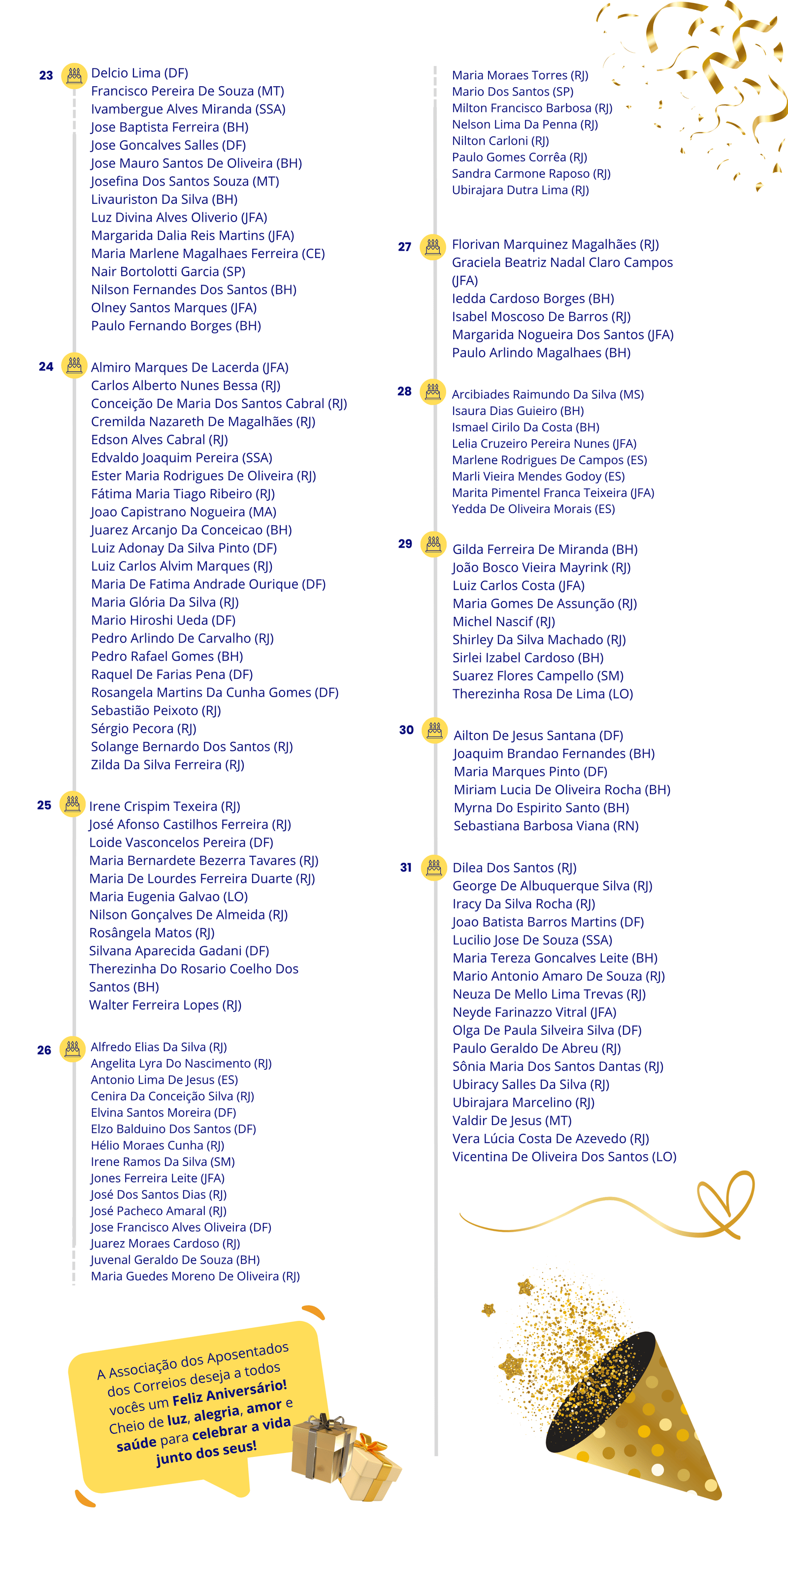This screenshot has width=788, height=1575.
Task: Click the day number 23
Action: [x=46, y=75]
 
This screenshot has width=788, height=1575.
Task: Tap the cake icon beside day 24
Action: [x=74, y=366]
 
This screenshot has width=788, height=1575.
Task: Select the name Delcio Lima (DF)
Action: [x=139, y=73]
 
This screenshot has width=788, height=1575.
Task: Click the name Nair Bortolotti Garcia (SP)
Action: [x=167, y=271]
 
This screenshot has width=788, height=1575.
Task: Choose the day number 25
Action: [x=44, y=805]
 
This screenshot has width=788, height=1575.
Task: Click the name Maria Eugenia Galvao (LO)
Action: [x=168, y=897]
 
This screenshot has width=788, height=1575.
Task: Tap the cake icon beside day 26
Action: [x=72, y=1049]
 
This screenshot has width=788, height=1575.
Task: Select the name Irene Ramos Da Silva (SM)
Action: [x=163, y=1162]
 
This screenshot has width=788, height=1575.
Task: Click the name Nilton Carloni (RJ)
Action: [x=500, y=141]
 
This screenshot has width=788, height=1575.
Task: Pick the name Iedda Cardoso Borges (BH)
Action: [x=533, y=298]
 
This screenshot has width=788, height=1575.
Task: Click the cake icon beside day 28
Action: [x=432, y=391]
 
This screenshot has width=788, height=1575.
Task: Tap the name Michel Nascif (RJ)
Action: [x=503, y=621]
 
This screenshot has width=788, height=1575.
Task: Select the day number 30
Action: [x=406, y=730]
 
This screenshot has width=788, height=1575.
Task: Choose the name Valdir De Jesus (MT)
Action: [x=512, y=1120]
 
